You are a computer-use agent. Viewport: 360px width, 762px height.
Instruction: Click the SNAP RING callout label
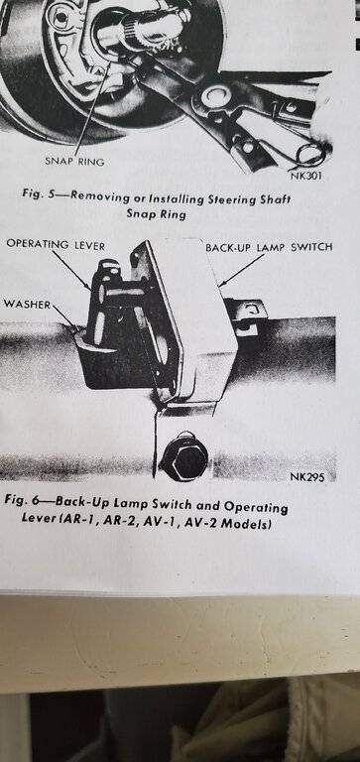(74, 162)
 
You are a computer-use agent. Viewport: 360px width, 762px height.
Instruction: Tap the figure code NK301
(307, 176)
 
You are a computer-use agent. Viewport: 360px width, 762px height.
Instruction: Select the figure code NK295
(307, 476)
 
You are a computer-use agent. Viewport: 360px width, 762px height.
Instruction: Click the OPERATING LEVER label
(56, 246)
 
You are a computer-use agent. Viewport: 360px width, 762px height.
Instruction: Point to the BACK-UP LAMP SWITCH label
(269, 247)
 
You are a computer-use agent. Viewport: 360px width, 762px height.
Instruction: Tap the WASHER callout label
(27, 305)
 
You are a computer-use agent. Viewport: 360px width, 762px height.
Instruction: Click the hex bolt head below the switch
(184, 456)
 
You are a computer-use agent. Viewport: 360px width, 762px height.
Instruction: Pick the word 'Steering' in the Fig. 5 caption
(216, 198)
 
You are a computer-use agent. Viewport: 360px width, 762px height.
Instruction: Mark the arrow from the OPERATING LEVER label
(71, 271)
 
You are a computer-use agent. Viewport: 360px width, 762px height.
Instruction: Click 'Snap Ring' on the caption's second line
(157, 213)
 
